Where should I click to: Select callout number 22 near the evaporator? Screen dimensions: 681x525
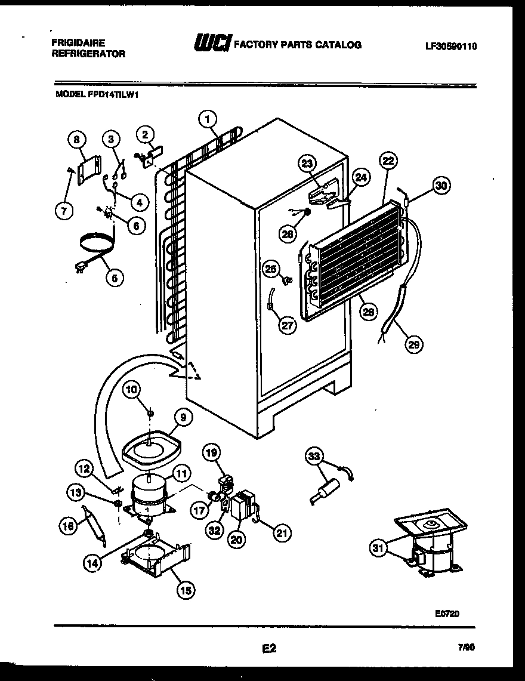pyautogui.click(x=388, y=161)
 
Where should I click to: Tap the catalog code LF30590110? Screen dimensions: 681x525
pyautogui.click(x=452, y=46)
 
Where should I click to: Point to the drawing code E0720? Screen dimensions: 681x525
pyautogui.click(x=447, y=613)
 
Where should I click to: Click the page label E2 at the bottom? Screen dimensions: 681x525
pyautogui.click(x=269, y=648)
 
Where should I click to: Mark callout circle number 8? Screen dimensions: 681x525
pyautogui.click(x=76, y=141)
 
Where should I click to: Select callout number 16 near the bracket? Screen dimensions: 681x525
pyautogui.click(x=67, y=525)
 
